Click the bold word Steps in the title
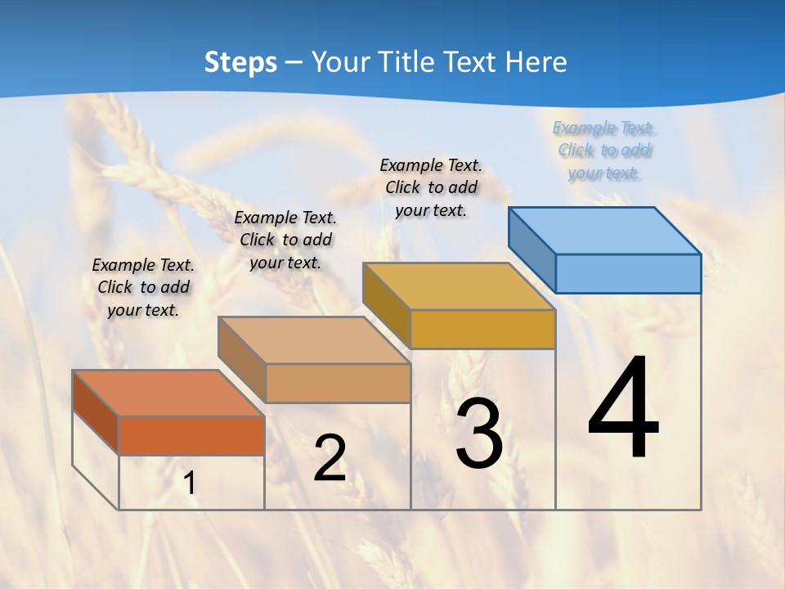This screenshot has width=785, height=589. [240, 62]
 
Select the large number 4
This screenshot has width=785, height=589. [623, 409]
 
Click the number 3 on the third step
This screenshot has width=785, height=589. [479, 435]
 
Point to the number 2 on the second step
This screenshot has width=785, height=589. [330, 458]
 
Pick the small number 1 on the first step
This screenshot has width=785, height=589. [190, 483]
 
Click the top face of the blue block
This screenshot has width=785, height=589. [603, 230]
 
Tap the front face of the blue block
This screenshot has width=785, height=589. [628, 273]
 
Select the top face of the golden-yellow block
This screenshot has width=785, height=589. [458, 286]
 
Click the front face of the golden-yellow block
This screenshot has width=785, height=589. [482, 329]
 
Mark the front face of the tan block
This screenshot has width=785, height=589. [338, 383]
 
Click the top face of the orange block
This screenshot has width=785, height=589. [168, 393]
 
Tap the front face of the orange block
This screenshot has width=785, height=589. [191, 435]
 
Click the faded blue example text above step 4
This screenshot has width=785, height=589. [604, 151]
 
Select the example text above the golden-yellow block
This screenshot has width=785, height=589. [431, 187]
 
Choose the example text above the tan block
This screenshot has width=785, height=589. [285, 240]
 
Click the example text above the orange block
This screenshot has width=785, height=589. [143, 287]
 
